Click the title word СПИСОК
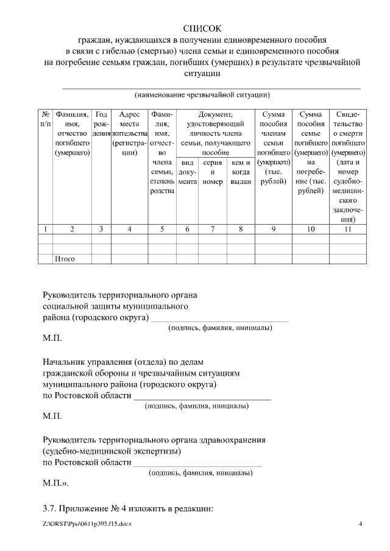tap(202, 29)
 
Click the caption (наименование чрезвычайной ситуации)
tap(202, 95)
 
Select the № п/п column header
tap(46, 119)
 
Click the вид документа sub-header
tap(188, 172)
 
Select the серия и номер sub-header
tap(213, 172)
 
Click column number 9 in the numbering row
tap(274, 229)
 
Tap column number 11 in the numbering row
tap(348, 229)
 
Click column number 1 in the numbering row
tap(46, 229)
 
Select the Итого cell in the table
tap(65, 259)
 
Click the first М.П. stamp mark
tap(52, 337)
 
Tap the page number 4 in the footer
tap(360, 524)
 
